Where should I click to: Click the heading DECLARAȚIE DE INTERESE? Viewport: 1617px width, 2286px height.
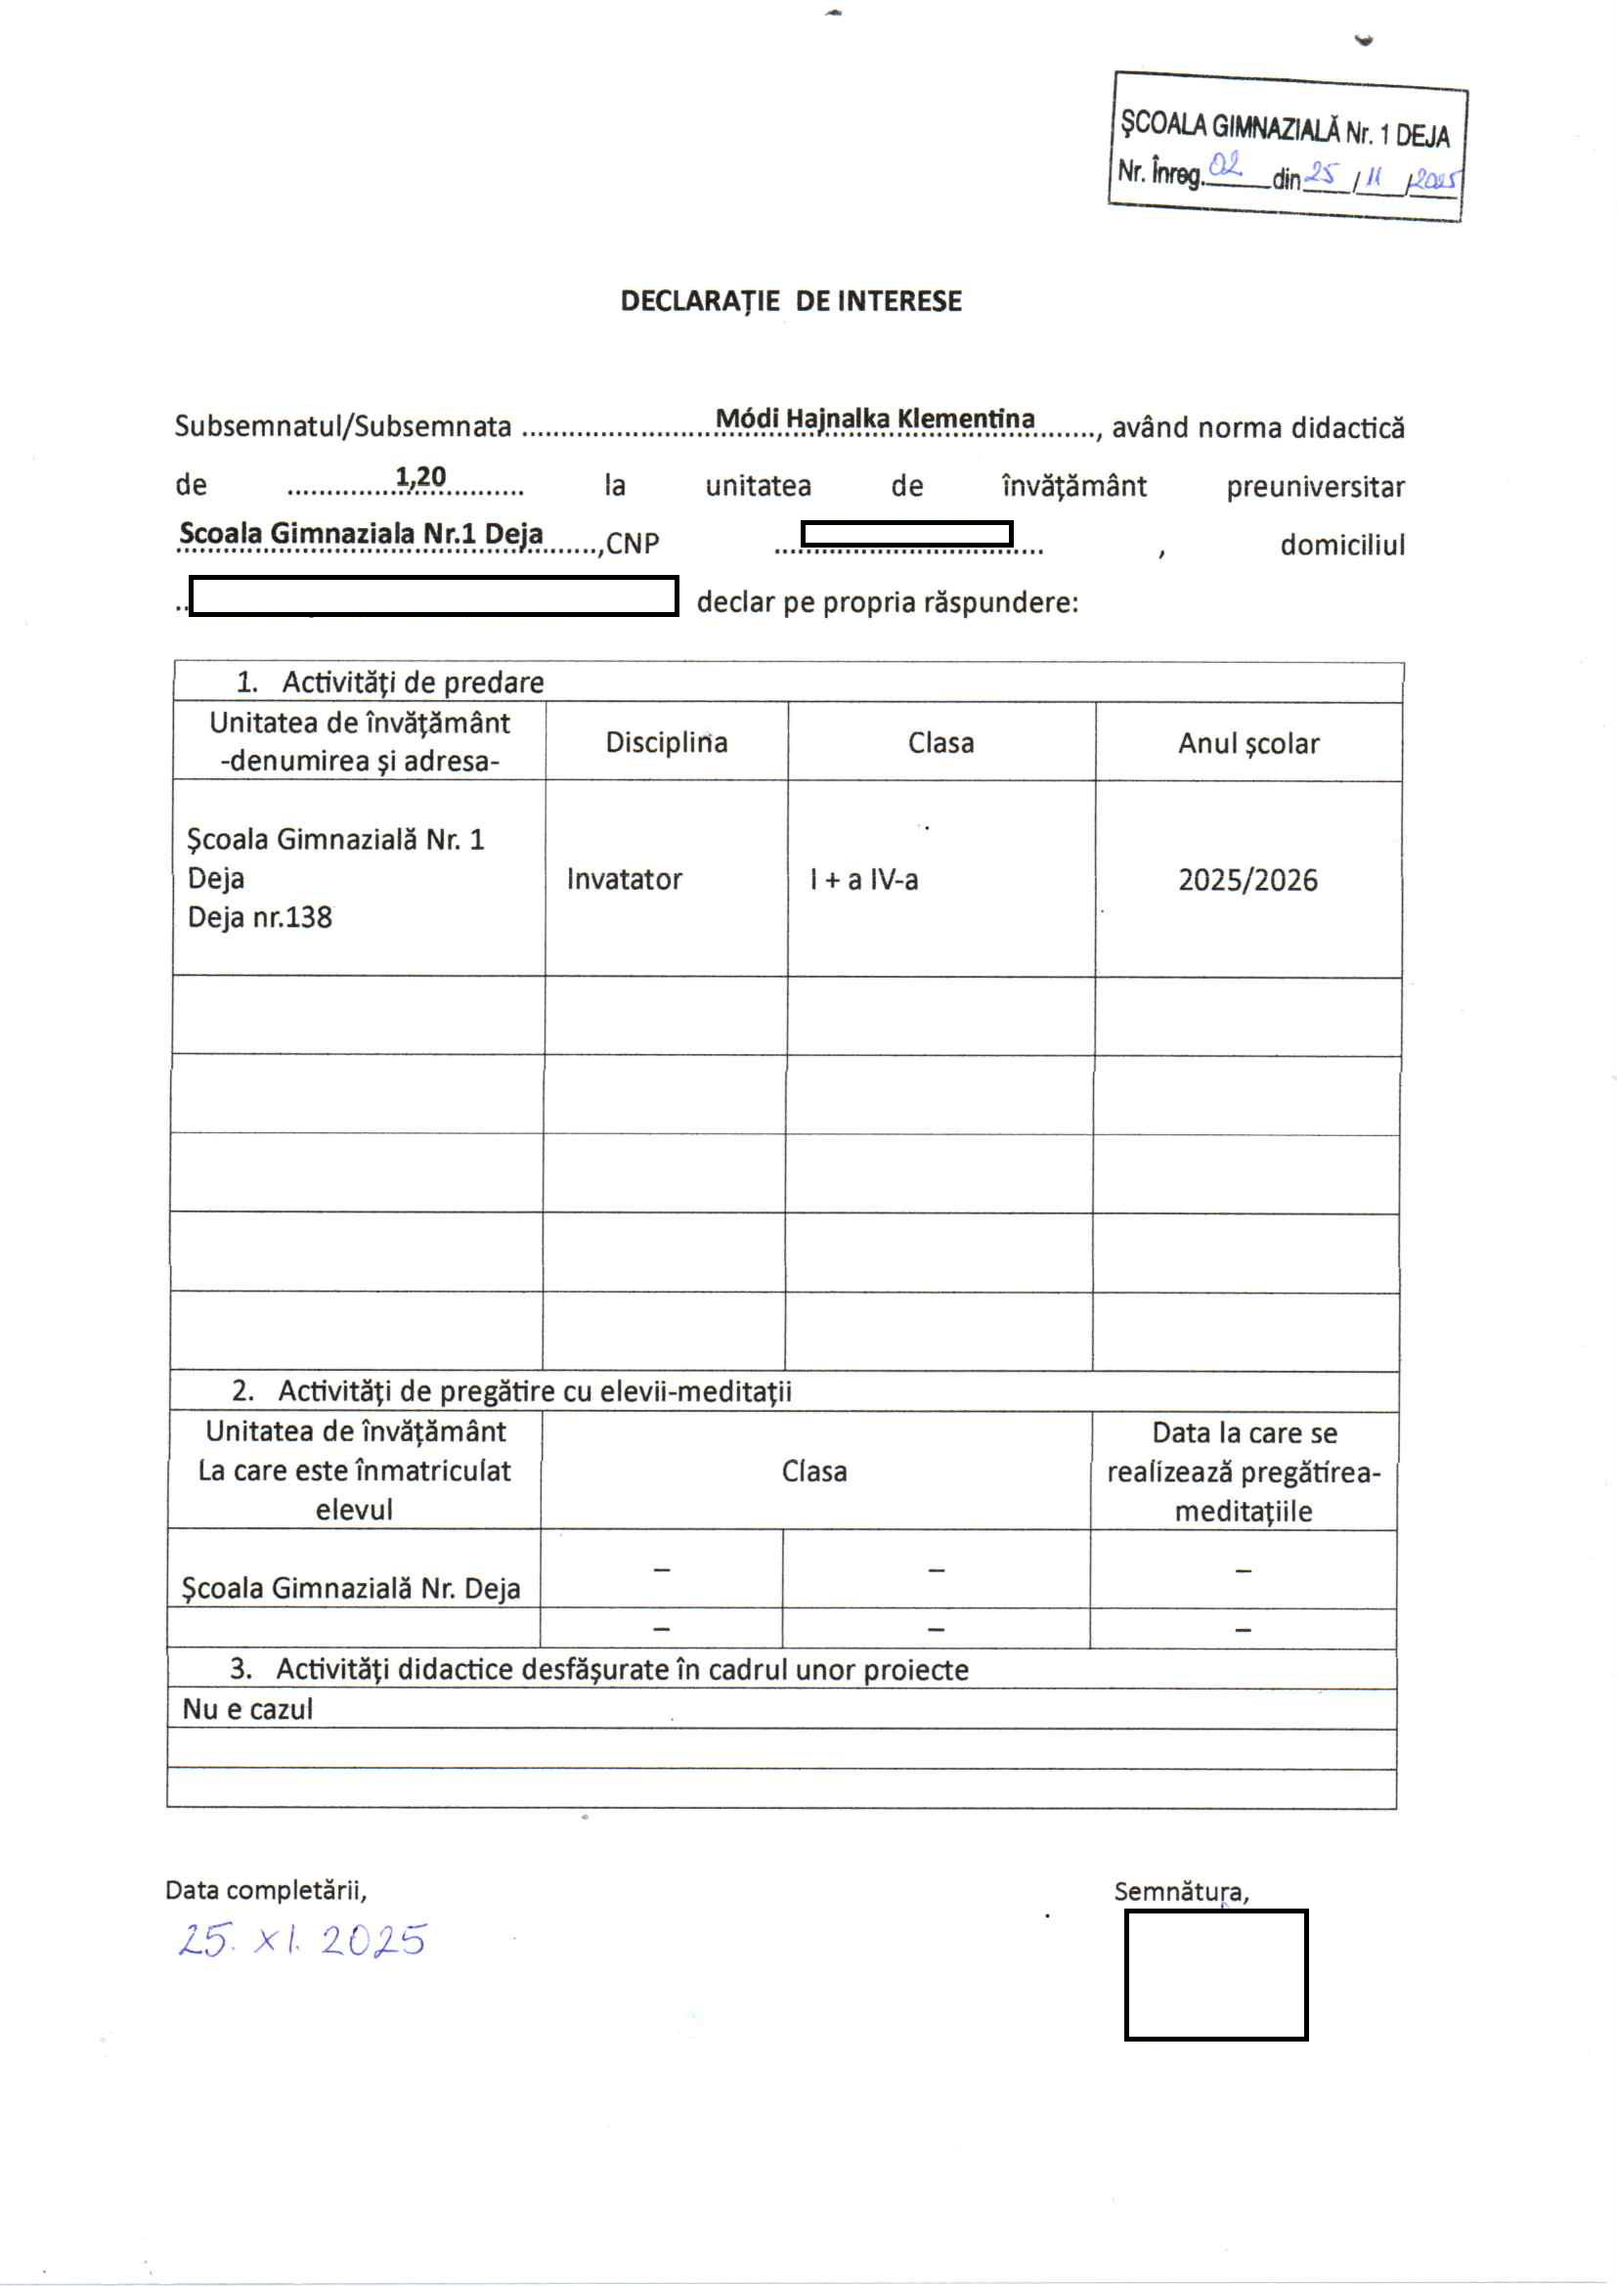791,301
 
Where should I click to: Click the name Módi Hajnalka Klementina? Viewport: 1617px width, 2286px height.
875,418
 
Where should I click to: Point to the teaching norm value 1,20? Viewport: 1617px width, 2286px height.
420,477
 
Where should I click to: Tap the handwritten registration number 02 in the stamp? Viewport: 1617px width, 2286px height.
1224,165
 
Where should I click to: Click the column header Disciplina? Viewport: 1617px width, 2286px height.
666,743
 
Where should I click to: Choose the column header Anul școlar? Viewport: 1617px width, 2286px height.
1247,744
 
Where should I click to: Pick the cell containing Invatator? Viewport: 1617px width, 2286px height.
625,879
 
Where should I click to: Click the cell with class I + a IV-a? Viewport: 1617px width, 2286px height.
863,879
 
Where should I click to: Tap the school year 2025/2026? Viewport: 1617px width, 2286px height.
1247,880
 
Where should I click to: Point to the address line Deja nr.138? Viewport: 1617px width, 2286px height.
260,917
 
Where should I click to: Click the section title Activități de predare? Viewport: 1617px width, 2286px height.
413,682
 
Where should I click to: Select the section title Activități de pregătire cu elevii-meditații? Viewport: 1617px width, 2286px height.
534,1391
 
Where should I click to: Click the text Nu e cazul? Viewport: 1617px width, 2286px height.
247,1709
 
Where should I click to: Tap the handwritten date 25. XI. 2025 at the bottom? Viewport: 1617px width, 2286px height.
302,1940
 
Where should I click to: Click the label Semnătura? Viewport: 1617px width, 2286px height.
1181,1892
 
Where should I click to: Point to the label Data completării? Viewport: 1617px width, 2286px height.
266,1890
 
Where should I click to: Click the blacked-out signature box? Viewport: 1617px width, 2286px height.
1216,1975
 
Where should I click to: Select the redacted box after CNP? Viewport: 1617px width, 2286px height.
906,534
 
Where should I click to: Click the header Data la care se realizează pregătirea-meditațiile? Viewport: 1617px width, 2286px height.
1243,1472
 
